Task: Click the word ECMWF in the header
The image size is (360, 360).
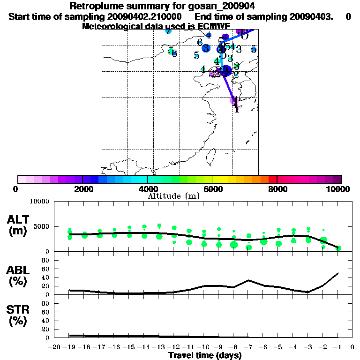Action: (209, 26)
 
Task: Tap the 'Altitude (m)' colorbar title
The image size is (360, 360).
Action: (173, 196)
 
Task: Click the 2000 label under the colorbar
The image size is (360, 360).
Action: (82, 189)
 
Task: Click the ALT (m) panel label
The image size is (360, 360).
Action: (19, 225)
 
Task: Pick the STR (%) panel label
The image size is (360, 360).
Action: (19, 315)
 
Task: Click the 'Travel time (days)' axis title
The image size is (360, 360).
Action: (205, 356)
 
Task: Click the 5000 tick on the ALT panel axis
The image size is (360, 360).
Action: (42, 227)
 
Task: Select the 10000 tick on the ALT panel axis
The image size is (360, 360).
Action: (40, 202)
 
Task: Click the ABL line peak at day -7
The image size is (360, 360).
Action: (248, 280)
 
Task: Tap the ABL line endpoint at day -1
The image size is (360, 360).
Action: (338, 273)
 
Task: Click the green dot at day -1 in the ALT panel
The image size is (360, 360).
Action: (338, 248)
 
